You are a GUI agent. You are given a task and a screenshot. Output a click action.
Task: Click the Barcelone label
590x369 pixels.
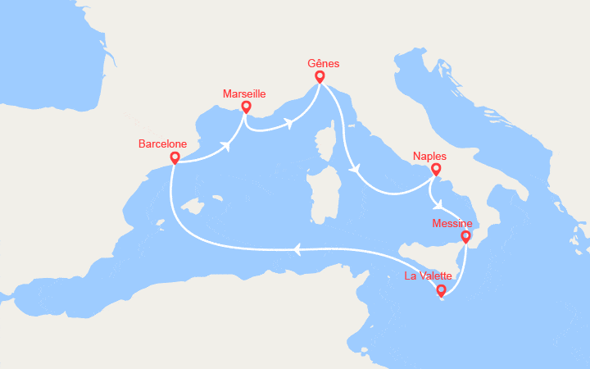point(163,143)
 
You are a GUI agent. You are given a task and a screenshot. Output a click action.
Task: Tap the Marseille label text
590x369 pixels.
point(244,94)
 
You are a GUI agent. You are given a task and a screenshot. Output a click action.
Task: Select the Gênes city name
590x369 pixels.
point(323,64)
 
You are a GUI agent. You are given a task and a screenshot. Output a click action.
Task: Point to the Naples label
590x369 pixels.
point(430,155)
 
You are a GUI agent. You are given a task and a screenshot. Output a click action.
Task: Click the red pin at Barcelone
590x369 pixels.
point(175,157)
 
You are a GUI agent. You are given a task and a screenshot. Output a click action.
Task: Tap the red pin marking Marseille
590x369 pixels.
point(246,107)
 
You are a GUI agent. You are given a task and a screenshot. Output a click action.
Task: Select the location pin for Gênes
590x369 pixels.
point(320,76)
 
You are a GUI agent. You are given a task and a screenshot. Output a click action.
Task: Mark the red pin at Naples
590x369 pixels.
point(437,170)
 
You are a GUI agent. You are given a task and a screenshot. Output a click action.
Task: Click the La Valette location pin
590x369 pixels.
point(442,289)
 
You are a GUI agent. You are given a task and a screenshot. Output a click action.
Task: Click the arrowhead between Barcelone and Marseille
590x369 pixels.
point(224,148)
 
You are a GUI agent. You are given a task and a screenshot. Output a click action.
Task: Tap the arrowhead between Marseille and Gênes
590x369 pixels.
point(288,124)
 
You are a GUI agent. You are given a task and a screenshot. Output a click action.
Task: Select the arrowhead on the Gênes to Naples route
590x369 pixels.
point(355,170)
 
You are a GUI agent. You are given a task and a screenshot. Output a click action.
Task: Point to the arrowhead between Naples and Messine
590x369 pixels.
point(441,205)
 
